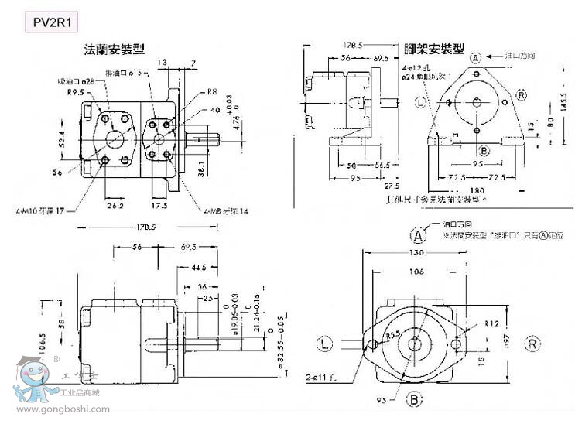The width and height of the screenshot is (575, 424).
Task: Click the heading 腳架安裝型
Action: click(434, 49)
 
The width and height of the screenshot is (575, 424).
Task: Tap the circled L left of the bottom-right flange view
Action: click(325, 341)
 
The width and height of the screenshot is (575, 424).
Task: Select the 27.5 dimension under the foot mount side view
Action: click(392, 186)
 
